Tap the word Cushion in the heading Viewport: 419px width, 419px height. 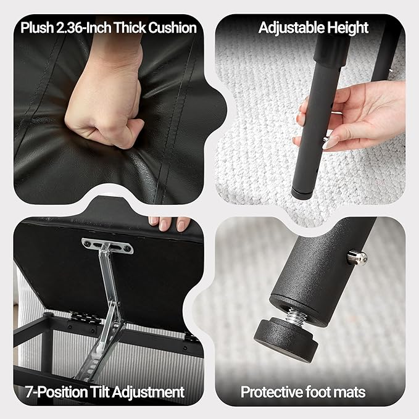(173, 28)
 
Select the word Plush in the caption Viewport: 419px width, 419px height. (37, 28)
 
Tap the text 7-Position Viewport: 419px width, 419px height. (57, 392)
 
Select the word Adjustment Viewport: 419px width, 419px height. (148, 392)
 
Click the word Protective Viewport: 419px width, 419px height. (272, 392)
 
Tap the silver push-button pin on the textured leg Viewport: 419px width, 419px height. (357, 257)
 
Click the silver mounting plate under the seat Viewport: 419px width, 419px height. (107, 246)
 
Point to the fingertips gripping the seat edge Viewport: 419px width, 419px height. (169, 223)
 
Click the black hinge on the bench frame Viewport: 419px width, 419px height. (81, 317)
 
